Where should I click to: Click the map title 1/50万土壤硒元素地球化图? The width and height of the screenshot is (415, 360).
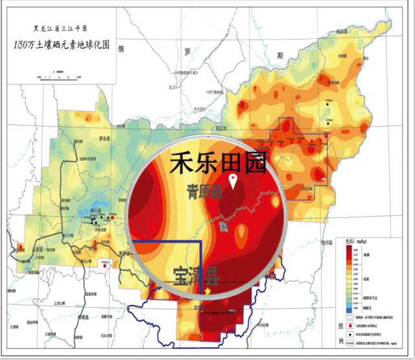pyautogui.click(x=63, y=45)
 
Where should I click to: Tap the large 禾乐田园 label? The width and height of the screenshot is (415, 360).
pyautogui.click(x=218, y=163)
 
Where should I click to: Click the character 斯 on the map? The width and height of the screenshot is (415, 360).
pyautogui.click(x=280, y=54)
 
